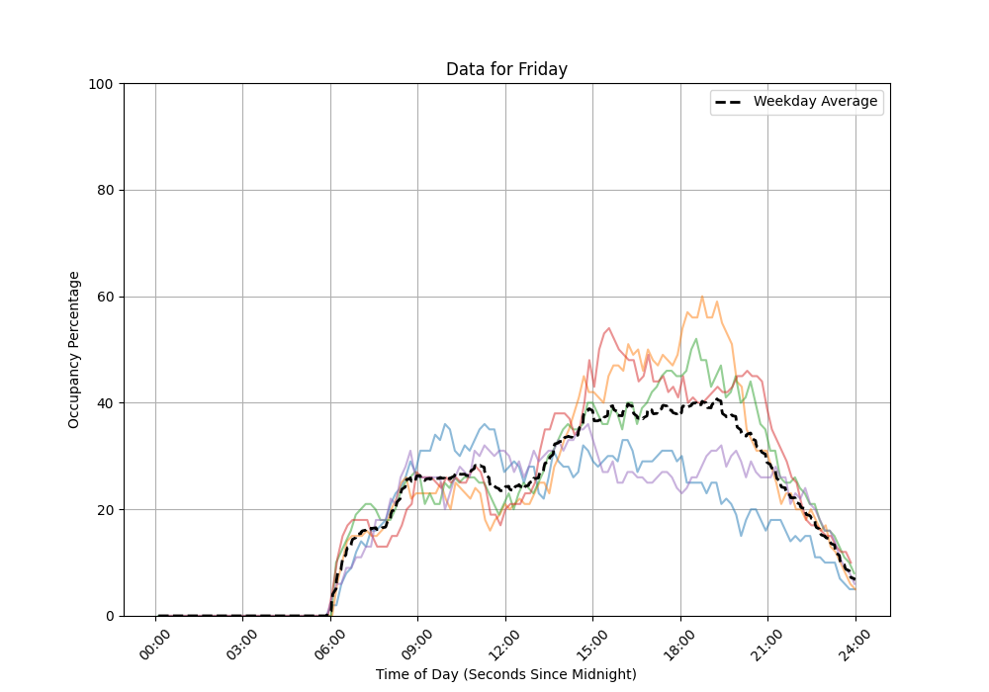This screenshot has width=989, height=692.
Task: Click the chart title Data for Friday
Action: pyautogui.click(x=506, y=69)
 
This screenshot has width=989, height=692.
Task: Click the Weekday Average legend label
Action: pyautogui.click(x=815, y=102)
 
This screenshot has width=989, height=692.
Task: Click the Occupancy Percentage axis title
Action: pyautogui.click(x=74, y=350)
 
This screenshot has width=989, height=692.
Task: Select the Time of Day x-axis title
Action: pyautogui.click(x=506, y=674)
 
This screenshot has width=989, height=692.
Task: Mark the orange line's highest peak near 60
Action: pyautogui.click(x=702, y=297)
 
